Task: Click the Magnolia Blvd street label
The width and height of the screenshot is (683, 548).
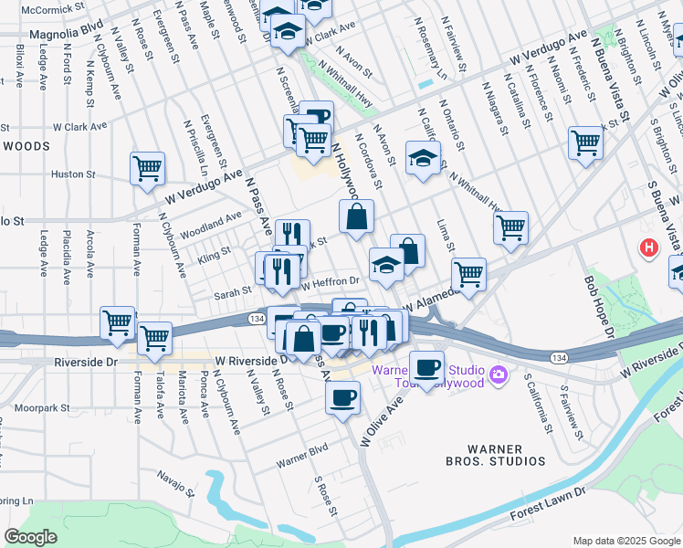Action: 67,34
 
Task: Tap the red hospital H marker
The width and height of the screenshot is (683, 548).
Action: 648,247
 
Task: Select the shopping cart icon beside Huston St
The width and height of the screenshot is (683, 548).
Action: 147,168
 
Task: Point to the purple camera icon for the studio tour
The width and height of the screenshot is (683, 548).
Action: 498,374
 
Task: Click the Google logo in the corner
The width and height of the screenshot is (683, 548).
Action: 30,536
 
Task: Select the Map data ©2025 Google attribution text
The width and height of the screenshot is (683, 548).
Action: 625,541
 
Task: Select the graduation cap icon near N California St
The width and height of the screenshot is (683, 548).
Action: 423,158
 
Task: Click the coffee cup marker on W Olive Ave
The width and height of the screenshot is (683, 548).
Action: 342,397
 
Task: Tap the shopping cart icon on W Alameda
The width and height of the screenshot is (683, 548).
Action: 468,273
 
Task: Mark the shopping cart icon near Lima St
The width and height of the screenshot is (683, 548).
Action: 511,227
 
